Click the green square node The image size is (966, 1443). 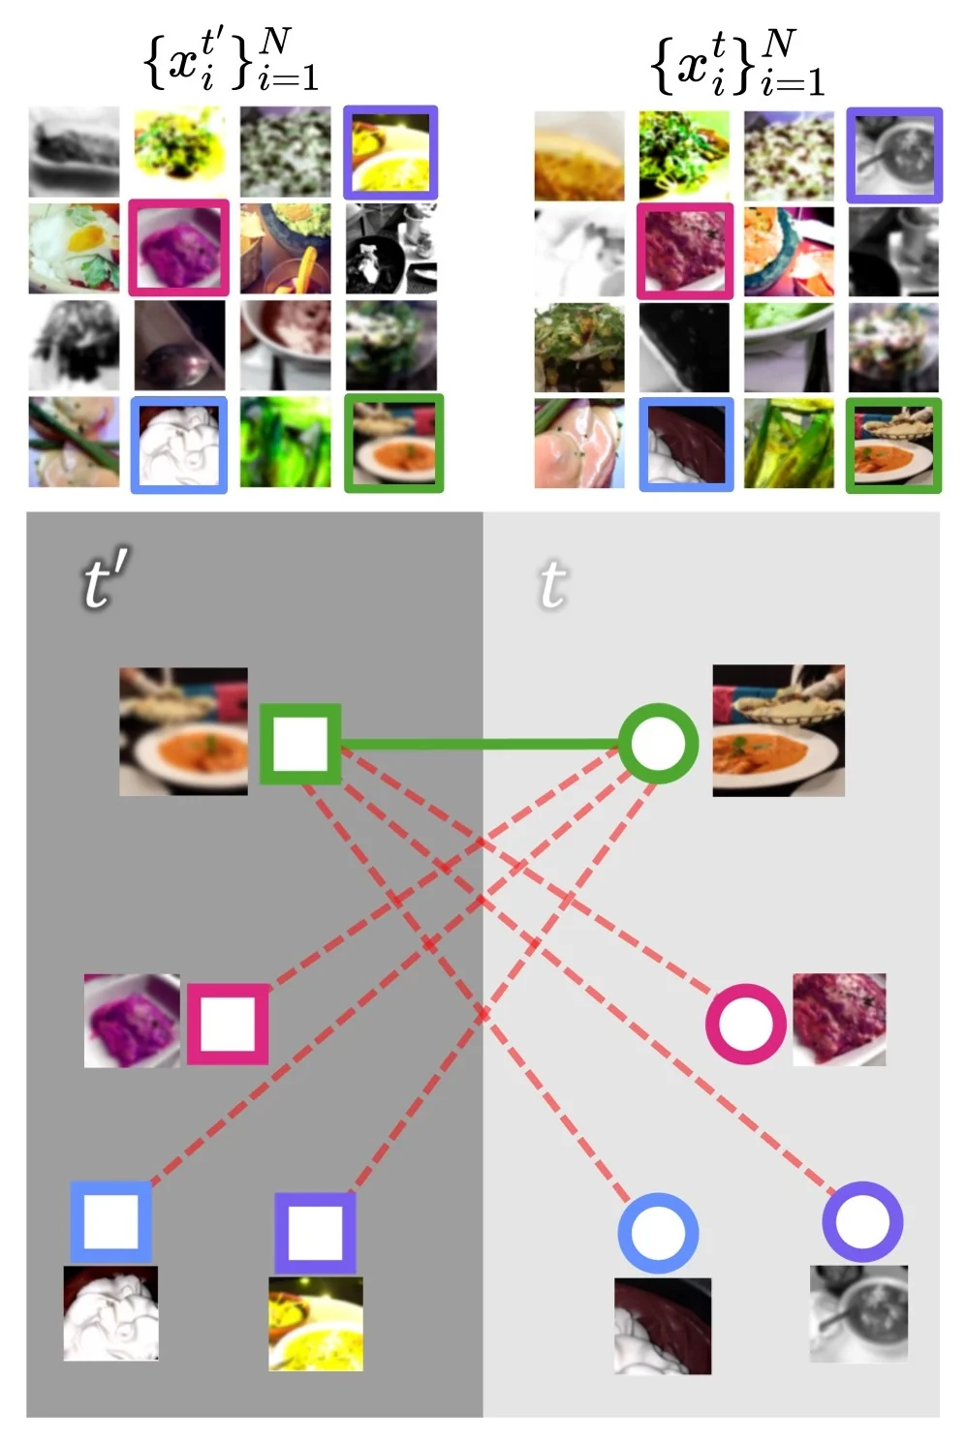coord(300,744)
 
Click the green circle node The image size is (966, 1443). coord(658,744)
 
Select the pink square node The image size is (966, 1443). coord(228,1024)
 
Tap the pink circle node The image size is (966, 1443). coord(745,1024)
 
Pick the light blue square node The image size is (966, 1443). coord(110,1221)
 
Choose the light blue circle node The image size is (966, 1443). coord(658,1233)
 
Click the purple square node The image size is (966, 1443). coord(315,1233)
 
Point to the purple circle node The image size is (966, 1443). coord(862,1221)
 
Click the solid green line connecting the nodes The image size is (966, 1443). coord(480,745)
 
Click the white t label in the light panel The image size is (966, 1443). coord(552,585)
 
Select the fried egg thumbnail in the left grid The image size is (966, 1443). coord(74,248)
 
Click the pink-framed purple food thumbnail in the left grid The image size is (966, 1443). coord(179,248)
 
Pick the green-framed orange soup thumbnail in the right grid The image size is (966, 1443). coord(893,445)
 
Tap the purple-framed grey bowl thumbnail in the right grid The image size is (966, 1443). coord(893,155)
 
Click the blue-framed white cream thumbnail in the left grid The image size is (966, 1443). coord(179,445)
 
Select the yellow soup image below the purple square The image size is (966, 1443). coord(316,1323)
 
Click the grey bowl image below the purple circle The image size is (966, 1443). coord(858,1313)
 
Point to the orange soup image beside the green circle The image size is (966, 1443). coord(778,730)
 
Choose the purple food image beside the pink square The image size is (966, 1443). coord(132,1021)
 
